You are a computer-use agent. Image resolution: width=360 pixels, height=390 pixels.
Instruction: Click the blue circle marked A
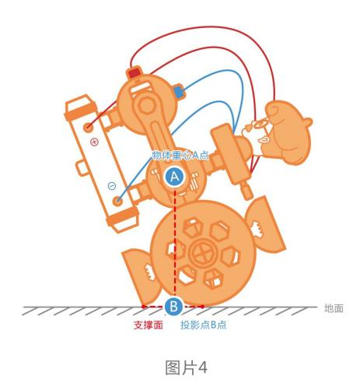(175, 177)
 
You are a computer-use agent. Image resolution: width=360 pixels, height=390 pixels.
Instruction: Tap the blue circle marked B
(173, 306)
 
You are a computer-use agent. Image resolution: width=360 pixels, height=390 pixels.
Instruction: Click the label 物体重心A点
(180, 155)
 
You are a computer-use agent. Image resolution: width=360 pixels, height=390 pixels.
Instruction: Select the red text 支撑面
(149, 325)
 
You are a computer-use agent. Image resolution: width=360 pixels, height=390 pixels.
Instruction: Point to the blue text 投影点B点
(203, 325)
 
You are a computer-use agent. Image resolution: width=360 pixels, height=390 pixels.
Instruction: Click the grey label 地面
(334, 308)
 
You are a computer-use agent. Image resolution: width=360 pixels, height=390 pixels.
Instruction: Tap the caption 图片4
(186, 367)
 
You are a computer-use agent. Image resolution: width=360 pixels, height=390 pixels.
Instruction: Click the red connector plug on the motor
(135, 72)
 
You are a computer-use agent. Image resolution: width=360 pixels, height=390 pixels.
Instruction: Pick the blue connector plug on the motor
(179, 92)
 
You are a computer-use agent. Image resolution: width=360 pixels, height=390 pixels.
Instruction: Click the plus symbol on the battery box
(94, 142)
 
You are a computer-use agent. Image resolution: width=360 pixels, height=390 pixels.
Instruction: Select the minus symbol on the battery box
(112, 186)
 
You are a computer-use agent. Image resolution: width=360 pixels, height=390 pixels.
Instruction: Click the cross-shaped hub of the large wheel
(203, 252)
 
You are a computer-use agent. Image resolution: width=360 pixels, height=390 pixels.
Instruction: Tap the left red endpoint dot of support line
(143, 307)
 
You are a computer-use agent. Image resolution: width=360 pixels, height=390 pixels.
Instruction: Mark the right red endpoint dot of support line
(202, 307)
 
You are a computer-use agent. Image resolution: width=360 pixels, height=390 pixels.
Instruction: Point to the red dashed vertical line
(175, 243)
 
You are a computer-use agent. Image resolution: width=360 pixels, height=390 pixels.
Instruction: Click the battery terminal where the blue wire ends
(118, 201)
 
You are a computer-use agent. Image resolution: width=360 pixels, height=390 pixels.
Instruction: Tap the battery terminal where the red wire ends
(89, 127)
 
